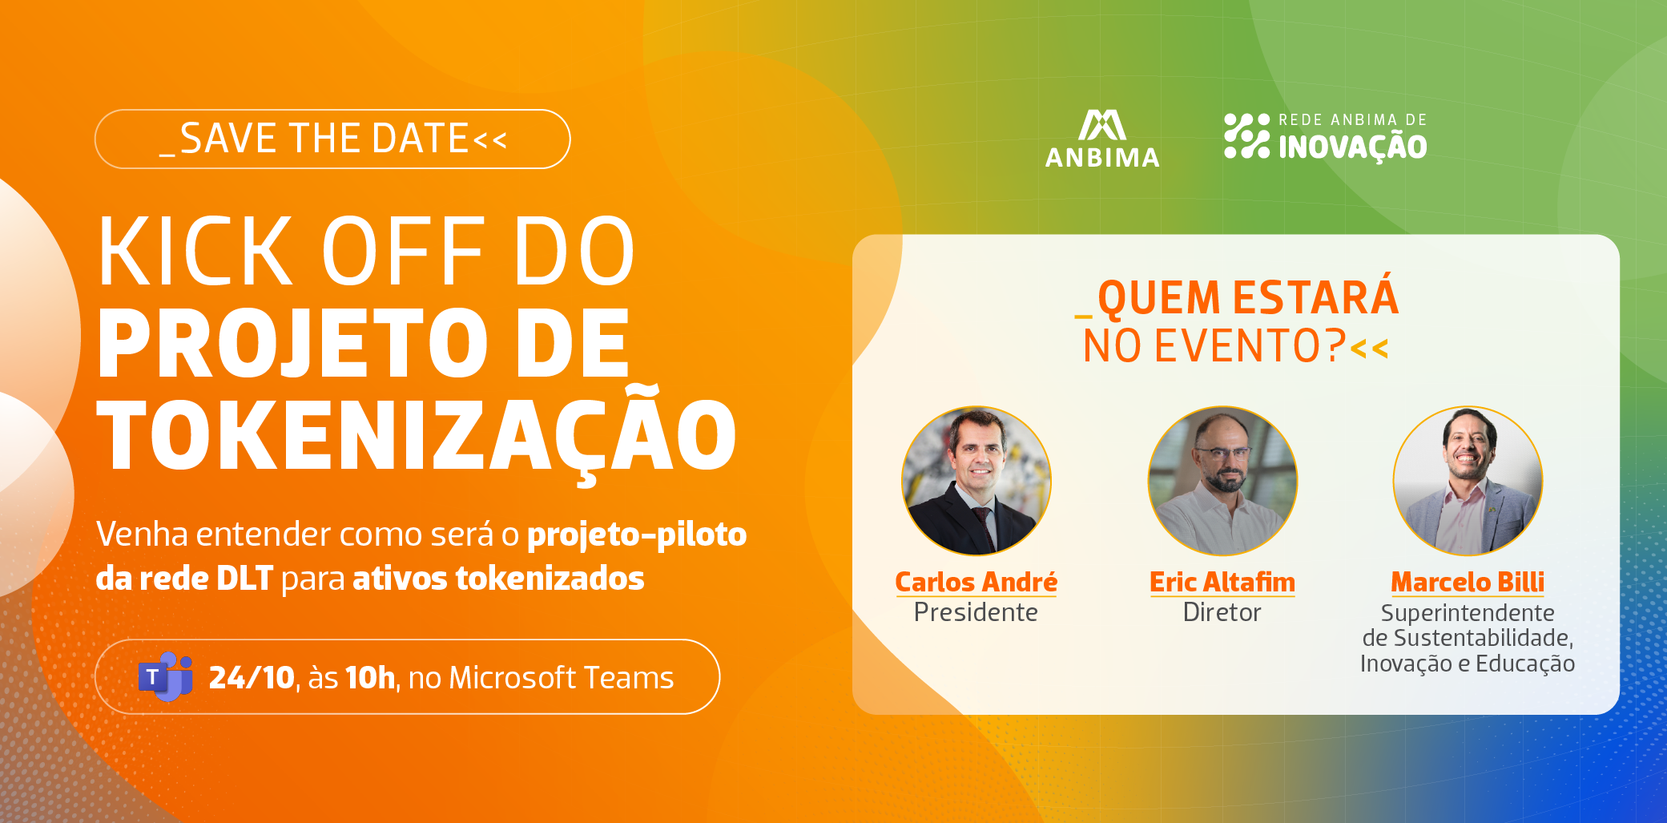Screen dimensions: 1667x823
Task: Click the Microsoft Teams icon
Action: click(166, 676)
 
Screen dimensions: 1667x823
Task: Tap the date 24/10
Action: click(252, 678)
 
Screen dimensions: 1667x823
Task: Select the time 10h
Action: click(370, 678)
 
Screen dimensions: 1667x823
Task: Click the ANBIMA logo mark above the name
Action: click(1102, 125)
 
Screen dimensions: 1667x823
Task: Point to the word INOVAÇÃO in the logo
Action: click(1352, 147)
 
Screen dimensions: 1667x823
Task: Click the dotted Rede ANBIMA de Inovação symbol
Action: click(1246, 135)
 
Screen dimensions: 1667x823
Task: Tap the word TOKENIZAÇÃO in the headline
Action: click(417, 434)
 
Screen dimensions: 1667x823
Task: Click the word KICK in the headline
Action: click(195, 251)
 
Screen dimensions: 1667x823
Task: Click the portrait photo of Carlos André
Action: click(976, 481)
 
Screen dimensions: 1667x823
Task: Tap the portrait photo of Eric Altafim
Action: click(1222, 481)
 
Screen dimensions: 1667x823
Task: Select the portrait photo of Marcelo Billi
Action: click(1468, 481)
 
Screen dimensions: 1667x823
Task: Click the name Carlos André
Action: click(976, 582)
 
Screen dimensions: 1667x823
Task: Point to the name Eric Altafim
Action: click(1222, 582)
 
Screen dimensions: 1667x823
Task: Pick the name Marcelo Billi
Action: click(1468, 582)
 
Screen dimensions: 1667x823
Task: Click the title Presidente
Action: click(976, 612)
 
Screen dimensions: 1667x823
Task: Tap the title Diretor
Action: click(1222, 612)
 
